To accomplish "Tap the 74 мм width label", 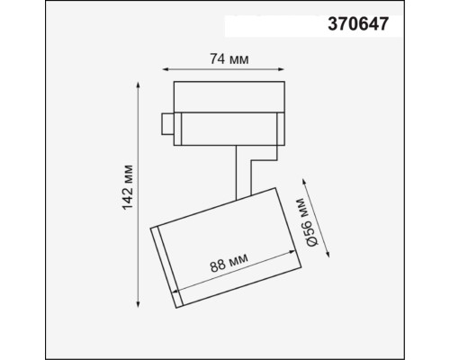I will coord(223,59).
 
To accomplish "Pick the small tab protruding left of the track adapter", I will coord(166,125).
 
